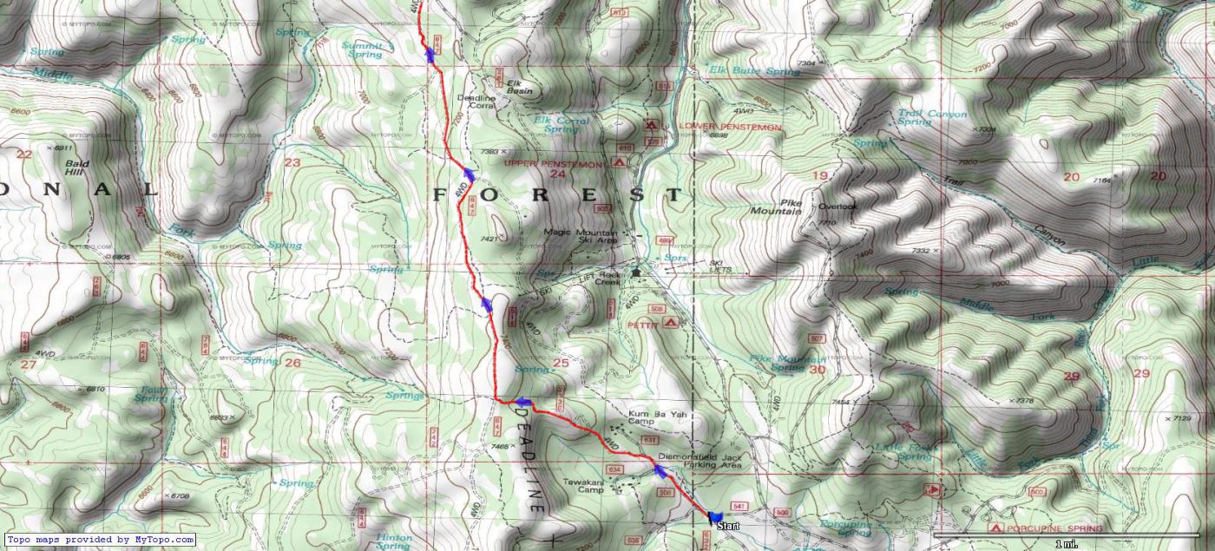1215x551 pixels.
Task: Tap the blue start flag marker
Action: tap(714, 516)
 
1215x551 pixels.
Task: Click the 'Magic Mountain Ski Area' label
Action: tap(581, 237)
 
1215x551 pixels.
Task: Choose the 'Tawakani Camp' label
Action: tap(582, 486)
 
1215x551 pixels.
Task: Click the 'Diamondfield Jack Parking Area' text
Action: tap(699, 461)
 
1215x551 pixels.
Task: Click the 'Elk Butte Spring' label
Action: tap(754, 71)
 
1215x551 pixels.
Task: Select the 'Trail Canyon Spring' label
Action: tap(931, 118)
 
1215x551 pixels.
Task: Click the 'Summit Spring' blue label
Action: tap(366, 49)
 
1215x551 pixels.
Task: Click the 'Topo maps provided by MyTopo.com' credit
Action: tap(100, 540)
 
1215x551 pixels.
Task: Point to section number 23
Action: tap(292, 162)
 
